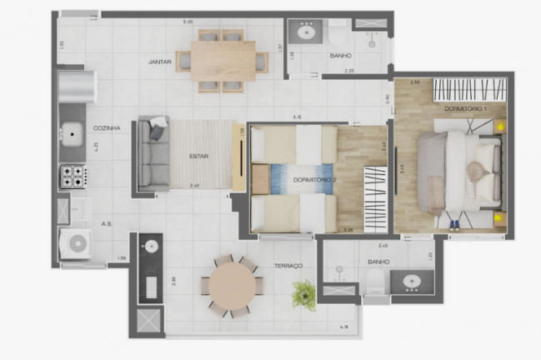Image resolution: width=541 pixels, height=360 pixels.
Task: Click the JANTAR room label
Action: pyautogui.click(x=160, y=62)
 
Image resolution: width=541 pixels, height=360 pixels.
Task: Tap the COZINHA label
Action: pyautogui.click(x=108, y=128)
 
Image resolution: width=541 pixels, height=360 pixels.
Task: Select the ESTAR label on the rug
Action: pyautogui.click(x=198, y=156)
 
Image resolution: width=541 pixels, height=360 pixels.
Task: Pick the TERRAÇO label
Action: pyautogui.click(x=288, y=266)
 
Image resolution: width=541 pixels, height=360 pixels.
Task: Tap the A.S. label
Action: pyautogui.click(x=108, y=224)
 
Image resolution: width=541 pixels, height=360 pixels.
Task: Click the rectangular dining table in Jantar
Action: pyautogui.click(x=223, y=61)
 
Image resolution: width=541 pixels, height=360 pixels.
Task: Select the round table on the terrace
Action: pyautogui.click(x=233, y=286)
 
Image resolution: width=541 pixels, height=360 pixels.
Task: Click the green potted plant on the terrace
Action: pyautogui.click(x=304, y=292)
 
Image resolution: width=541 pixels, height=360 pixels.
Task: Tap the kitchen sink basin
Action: pyautogui.click(x=73, y=132)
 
